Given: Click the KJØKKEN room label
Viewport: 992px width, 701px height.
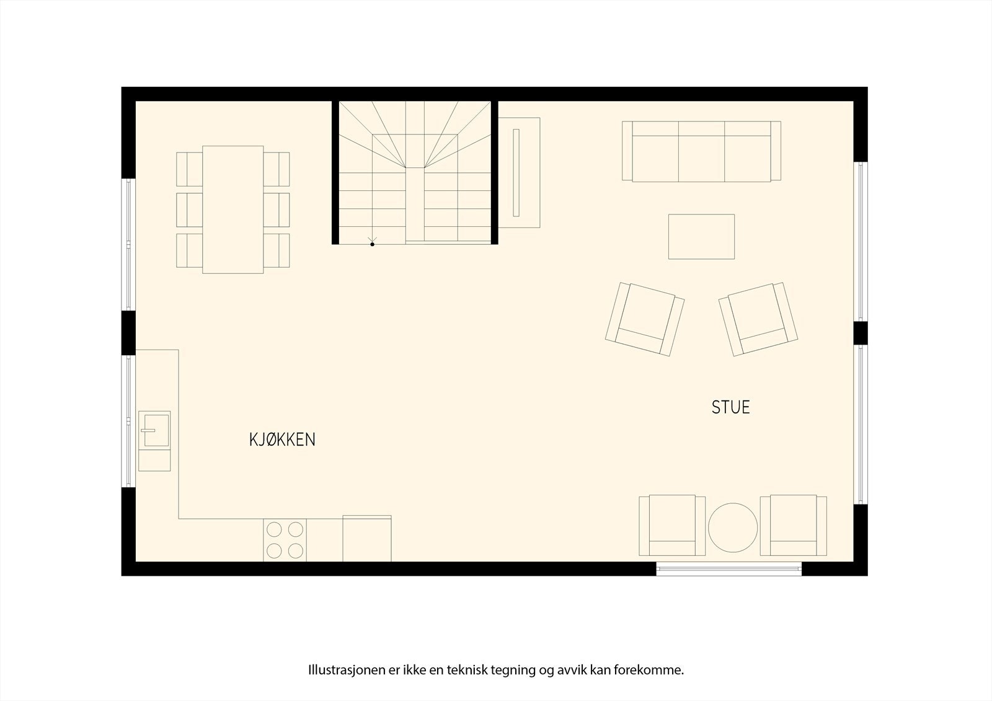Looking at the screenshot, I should coord(282,439).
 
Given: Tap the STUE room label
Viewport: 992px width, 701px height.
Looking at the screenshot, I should coord(730,407).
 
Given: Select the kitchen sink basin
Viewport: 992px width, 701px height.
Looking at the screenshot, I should coord(154,429).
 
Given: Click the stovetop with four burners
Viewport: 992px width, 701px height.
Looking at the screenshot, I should coord(285,539).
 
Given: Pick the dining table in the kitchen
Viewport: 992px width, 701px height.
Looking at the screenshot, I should coord(232,209).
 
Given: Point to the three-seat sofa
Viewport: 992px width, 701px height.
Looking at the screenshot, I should coord(701,151).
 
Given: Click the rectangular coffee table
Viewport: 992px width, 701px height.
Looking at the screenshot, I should coord(701,236).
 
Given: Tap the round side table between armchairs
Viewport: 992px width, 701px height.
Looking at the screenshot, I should coord(733,527).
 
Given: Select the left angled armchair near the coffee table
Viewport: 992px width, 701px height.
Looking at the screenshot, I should coord(645,319).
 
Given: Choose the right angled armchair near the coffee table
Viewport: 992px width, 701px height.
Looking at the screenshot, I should coord(758,319).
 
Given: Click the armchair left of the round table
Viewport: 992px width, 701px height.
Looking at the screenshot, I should coord(672,526).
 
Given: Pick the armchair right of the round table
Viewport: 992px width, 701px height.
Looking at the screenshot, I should coord(794,526).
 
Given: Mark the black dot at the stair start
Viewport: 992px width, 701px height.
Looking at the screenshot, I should coord(373,244).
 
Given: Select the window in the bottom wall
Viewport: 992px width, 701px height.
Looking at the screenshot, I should coord(728,568).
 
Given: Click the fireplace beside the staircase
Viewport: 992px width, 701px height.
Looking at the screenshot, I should coord(520,172).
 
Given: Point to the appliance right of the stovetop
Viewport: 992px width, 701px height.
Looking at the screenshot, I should coord(366,539).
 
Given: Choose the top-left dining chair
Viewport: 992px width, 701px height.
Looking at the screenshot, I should coord(189,169).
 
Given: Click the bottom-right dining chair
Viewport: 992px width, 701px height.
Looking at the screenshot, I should coord(277,250).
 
